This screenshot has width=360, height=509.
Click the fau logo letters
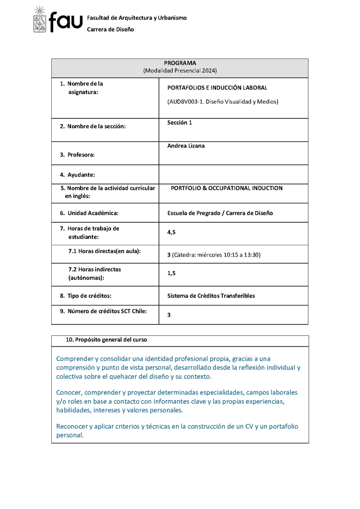(x=66, y=22)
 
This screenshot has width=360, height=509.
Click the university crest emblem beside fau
(x=40, y=20)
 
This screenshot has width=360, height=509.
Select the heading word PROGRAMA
(x=180, y=63)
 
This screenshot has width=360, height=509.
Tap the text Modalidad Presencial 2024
(x=180, y=71)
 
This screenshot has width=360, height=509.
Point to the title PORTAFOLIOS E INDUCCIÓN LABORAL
(x=217, y=88)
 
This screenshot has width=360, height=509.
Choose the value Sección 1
(x=180, y=123)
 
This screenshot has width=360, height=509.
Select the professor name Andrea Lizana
(x=186, y=146)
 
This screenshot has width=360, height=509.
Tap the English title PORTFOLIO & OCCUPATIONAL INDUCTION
(x=226, y=188)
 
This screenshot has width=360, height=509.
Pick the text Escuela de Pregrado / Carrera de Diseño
(x=220, y=213)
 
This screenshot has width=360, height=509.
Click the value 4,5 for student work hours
(x=171, y=232)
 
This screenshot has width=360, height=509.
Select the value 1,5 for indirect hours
(x=171, y=273)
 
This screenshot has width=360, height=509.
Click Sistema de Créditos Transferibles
(x=211, y=296)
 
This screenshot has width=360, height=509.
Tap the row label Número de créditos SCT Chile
(x=107, y=311)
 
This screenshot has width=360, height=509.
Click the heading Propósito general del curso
(x=111, y=340)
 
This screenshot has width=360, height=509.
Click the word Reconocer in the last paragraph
(x=72, y=426)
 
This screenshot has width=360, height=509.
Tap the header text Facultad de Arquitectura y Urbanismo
(x=136, y=18)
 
